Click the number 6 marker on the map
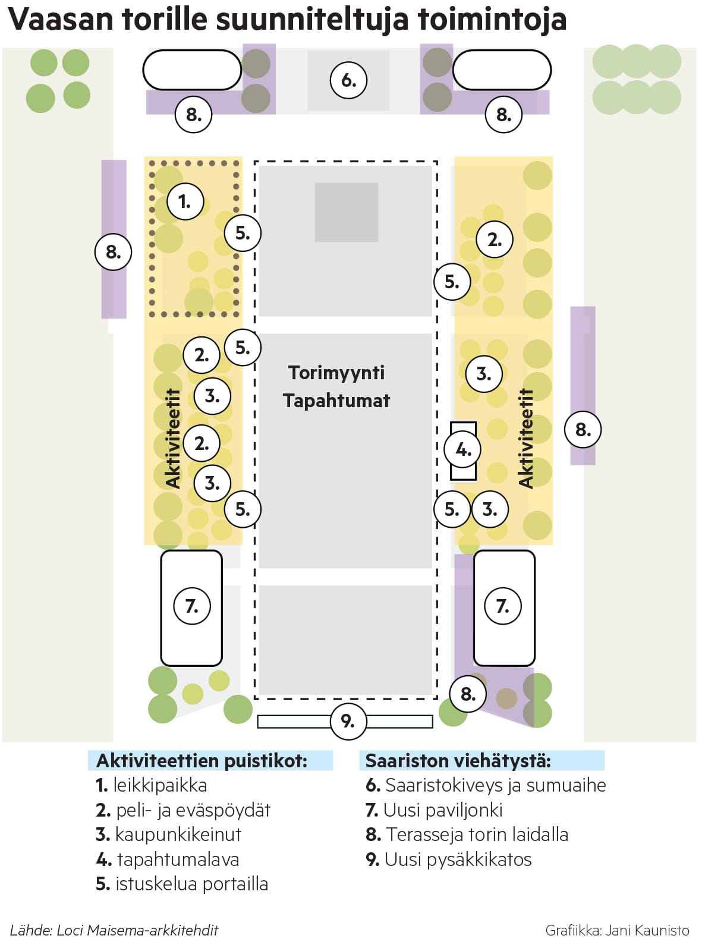(348, 80)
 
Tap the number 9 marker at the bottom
(348, 721)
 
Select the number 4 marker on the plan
(463, 450)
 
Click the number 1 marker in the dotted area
(185, 202)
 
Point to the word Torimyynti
(336, 373)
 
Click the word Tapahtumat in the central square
(336, 401)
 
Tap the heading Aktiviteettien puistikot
(202, 761)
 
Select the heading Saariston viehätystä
(458, 761)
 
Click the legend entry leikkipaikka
(152, 786)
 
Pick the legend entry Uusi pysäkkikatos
(449, 859)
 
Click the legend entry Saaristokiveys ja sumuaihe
(486, 786)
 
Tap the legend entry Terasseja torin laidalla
(467, 834)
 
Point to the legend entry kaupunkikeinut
(169, 834)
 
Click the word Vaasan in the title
(61, 20)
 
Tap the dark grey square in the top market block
(346, 212)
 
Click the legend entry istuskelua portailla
(182, 884)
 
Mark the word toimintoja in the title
(492, 20)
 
